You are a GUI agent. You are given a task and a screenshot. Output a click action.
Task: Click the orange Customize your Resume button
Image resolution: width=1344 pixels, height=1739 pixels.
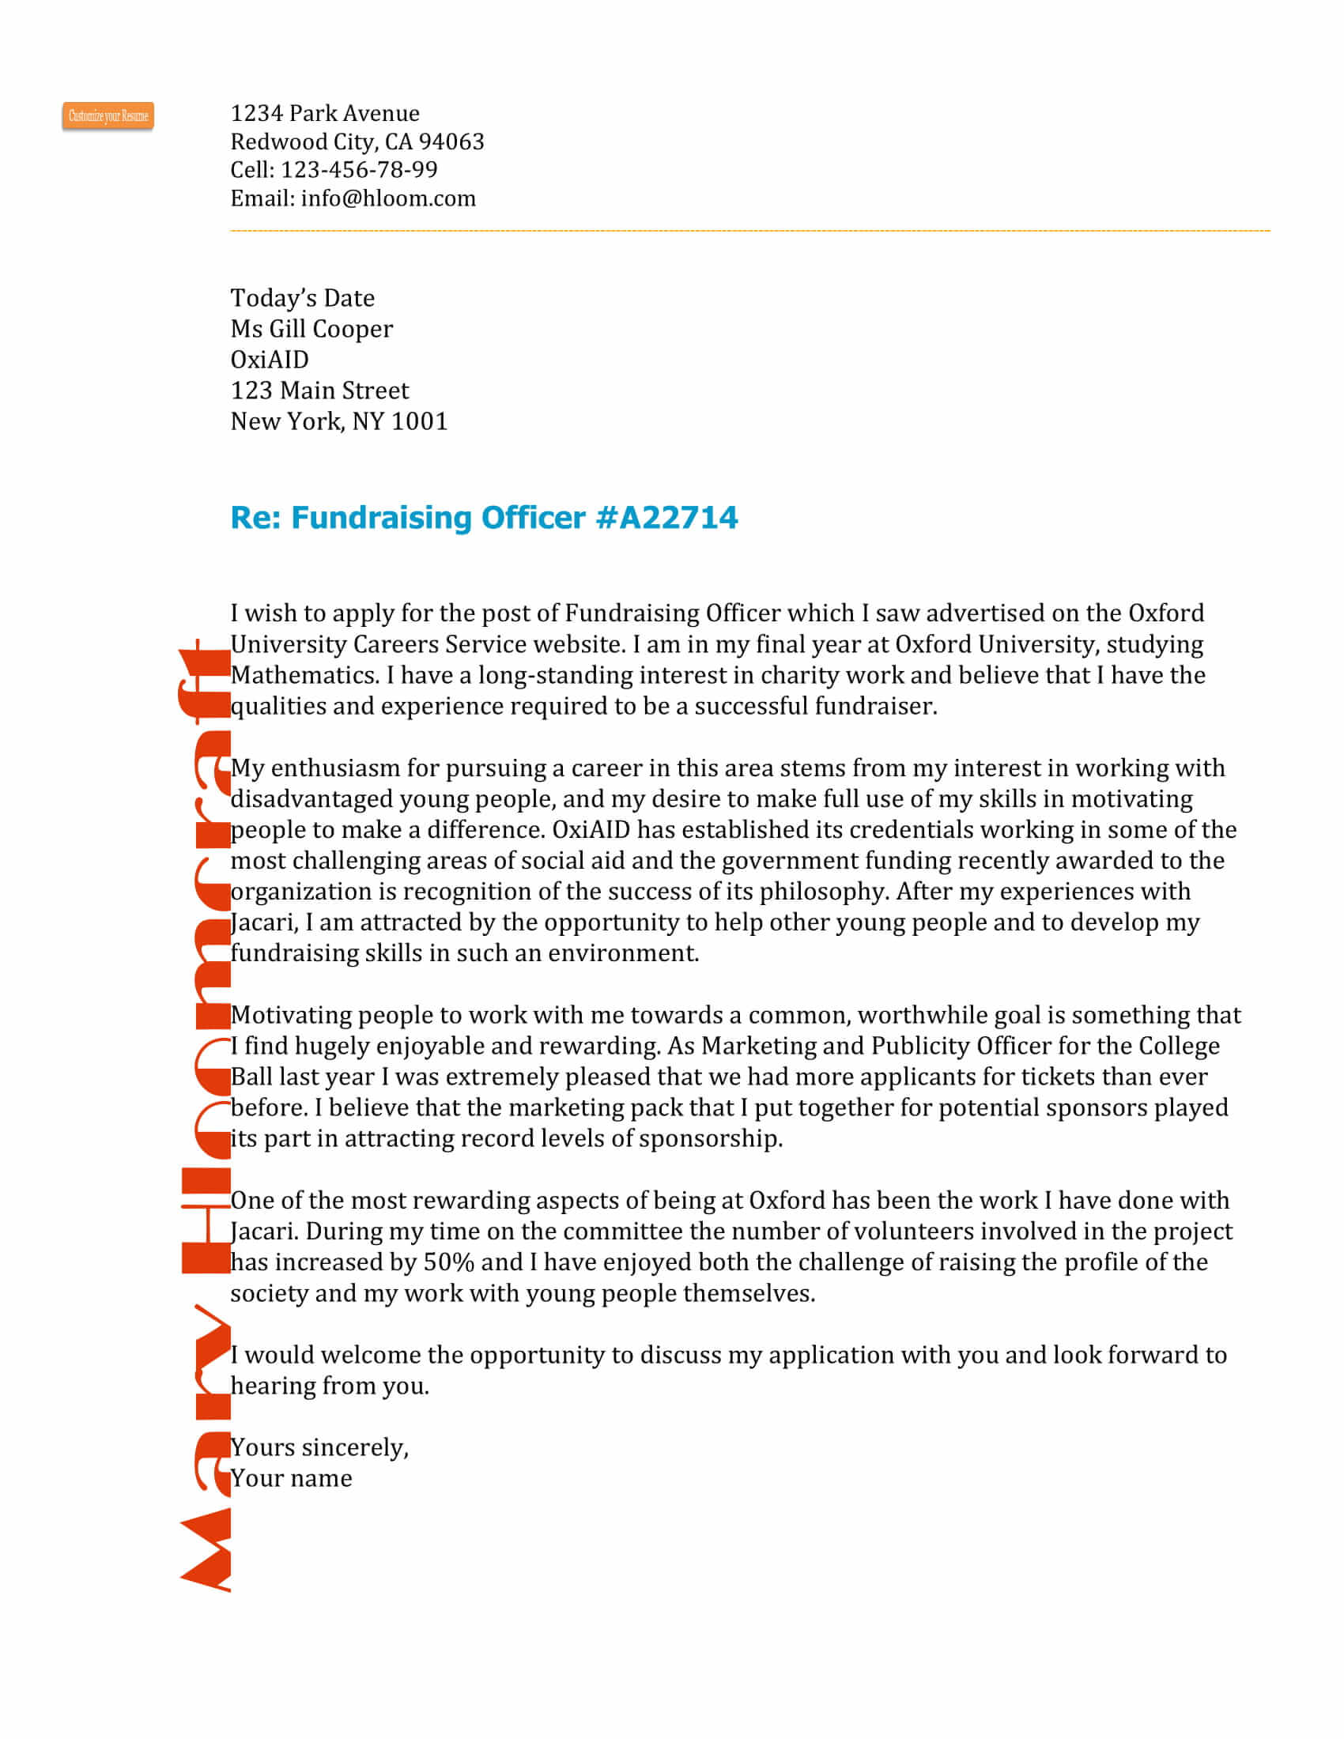108,116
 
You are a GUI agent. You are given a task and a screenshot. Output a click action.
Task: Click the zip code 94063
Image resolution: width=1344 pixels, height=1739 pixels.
451,141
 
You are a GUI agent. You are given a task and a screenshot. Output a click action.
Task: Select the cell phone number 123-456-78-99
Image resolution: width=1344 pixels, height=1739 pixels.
359,170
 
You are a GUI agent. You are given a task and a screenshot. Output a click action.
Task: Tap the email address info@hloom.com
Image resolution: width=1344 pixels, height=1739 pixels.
387,198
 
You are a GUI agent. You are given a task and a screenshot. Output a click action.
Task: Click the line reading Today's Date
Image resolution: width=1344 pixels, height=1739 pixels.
303,298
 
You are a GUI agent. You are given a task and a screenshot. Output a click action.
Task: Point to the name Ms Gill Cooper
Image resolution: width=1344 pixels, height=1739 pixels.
311,329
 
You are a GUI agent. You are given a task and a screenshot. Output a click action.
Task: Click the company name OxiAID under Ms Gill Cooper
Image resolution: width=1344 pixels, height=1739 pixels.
269,360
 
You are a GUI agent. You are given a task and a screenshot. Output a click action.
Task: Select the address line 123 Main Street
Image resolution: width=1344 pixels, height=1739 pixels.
319,390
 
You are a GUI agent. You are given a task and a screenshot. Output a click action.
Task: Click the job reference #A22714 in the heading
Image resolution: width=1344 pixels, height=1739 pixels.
666,518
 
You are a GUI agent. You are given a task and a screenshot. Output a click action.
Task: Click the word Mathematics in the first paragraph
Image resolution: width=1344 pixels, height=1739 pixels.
304,675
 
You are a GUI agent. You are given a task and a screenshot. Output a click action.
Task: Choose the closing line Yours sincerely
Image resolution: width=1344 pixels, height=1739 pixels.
319,1447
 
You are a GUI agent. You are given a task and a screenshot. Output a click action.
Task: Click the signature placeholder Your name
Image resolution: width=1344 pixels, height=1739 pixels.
292,1479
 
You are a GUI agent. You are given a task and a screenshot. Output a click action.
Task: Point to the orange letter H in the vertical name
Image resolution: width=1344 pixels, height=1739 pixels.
206,1220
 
